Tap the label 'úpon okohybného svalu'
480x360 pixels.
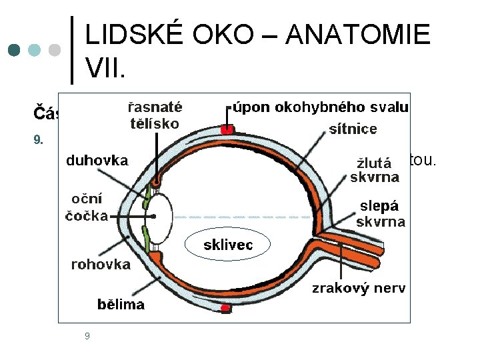pos(321,107)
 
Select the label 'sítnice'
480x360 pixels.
pos(353,129)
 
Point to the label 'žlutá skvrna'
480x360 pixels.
pos(374,169)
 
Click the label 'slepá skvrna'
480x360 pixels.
pos(380,214)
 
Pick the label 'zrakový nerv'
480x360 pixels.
pos(359,288)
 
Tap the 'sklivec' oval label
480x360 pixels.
pos(228,245)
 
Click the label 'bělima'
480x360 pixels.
pos(121,305)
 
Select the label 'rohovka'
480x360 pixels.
pos(101,265)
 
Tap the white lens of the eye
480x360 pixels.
pos(159,216)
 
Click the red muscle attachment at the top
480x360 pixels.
pos(227,128)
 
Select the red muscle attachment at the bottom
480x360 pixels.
pos(226,308)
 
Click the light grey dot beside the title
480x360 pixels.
pos(55,50)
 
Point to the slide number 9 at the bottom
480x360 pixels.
pos(87,336)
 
